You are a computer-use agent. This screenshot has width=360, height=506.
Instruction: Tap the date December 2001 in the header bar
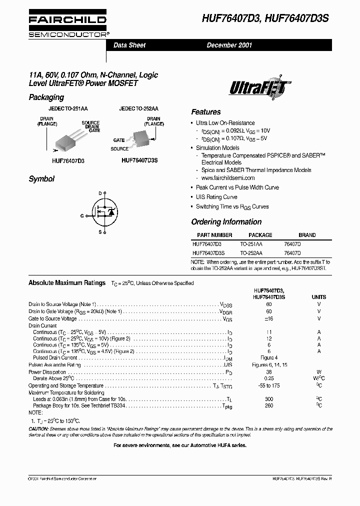click(x=229, y=45)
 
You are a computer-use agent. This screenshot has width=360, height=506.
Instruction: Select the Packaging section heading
click(x=46, y=97)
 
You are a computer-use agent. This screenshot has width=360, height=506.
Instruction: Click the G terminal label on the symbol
click(x=82, y=215)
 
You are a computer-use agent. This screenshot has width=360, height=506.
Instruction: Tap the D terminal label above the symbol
click(x=99, y=193)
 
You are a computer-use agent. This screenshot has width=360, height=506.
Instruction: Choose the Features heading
click(x=205, y=112)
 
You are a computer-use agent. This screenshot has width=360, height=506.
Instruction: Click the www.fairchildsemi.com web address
click(x=228, y=178)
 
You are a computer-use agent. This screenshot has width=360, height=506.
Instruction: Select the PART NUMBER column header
click(x=214, y=235)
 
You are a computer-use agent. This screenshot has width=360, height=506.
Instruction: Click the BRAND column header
click(x=307, y=235)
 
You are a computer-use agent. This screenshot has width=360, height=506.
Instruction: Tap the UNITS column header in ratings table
click(x=318, y=297)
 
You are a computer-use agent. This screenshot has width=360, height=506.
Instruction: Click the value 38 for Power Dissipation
click(x=269, y=372)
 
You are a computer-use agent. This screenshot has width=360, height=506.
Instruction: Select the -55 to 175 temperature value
click(x=269, y=385)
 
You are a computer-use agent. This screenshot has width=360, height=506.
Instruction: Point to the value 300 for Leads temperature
click(x=269, y=399)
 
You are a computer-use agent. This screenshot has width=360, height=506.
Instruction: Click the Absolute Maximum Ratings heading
click(x=67, y=283)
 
